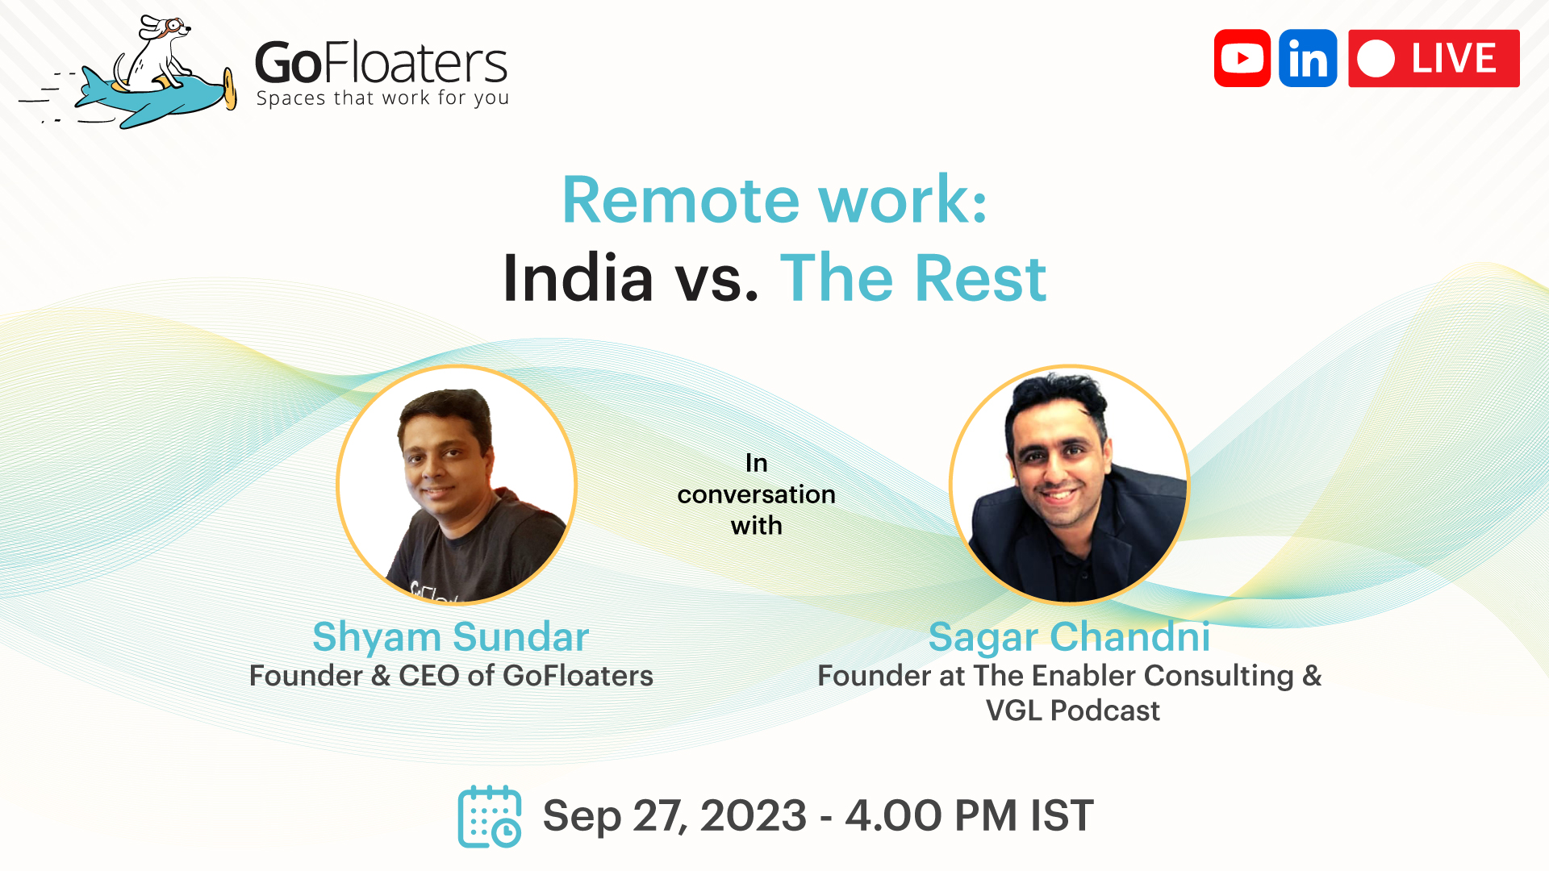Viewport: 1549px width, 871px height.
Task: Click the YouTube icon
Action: (1242, 58)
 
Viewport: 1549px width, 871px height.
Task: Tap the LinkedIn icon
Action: (1308, 58)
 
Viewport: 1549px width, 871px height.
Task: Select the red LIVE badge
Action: (1434, 58)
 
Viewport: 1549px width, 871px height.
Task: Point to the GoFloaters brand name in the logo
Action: (381, 63)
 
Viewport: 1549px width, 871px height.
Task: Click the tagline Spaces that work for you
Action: (382, 98)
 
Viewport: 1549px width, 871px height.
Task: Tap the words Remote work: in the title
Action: (774, 200)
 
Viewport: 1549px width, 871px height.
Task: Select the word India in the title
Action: (578, 278)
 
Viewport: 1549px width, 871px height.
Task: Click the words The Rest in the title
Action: (913, 278)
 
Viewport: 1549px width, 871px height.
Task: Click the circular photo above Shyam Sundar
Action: (457, 484)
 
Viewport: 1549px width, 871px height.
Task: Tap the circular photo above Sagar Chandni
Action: (1069, 484)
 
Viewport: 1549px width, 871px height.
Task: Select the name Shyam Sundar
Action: (450, 637)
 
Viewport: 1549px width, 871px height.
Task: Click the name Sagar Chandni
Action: (1069, 637)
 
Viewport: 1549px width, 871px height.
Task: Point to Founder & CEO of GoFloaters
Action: (451, 676)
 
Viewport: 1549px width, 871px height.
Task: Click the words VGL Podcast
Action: (1072, 711)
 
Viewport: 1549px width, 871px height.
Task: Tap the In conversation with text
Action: (756, 494)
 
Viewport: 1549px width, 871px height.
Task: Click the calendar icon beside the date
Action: (489, 816)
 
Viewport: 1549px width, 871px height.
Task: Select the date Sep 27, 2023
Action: (674, 816)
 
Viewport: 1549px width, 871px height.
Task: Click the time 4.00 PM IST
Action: (969, 816)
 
